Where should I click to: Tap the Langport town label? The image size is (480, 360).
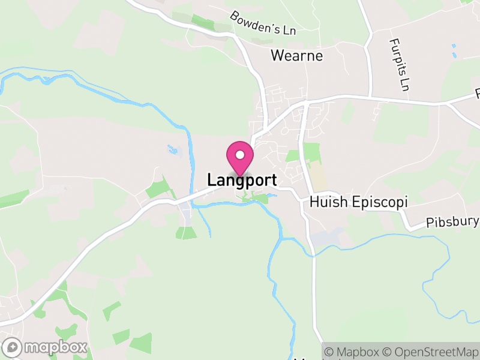(242, 180)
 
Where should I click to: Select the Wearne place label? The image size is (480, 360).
(296, 56)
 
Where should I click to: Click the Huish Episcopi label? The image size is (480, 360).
(358, 202)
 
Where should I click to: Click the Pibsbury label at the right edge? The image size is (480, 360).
(453, 223)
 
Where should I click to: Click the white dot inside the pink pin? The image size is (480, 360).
(240, 155)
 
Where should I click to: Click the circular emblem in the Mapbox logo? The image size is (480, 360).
(13, 347)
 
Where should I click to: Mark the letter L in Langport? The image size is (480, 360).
(212, 180)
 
